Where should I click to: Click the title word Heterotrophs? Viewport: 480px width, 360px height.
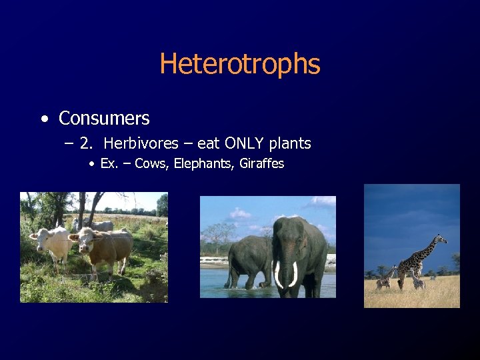(240, 65)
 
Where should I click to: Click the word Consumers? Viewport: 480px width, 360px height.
(104, 119)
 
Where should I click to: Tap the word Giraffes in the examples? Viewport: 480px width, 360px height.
(261, 164)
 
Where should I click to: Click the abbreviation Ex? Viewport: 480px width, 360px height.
(108, 164)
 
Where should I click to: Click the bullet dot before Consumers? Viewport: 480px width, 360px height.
(44, 119)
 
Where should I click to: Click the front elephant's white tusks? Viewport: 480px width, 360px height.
(286, 273)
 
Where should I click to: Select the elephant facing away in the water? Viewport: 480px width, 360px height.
(248, 260)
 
